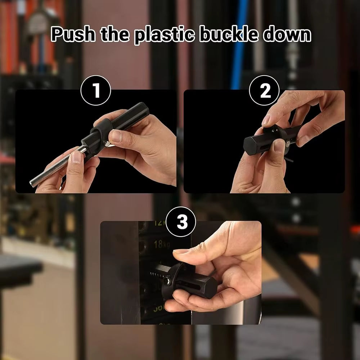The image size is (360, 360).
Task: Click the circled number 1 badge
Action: (x=96, y=90)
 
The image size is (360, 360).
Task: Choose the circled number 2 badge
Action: (x=265, y=90)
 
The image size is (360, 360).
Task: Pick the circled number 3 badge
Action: (x=182, y=222)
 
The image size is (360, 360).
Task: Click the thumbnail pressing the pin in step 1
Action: (x=76, y=156)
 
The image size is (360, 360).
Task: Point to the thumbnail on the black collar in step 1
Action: (x=116, y=136)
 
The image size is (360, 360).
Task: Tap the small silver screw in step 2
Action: (x=288, y=144)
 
